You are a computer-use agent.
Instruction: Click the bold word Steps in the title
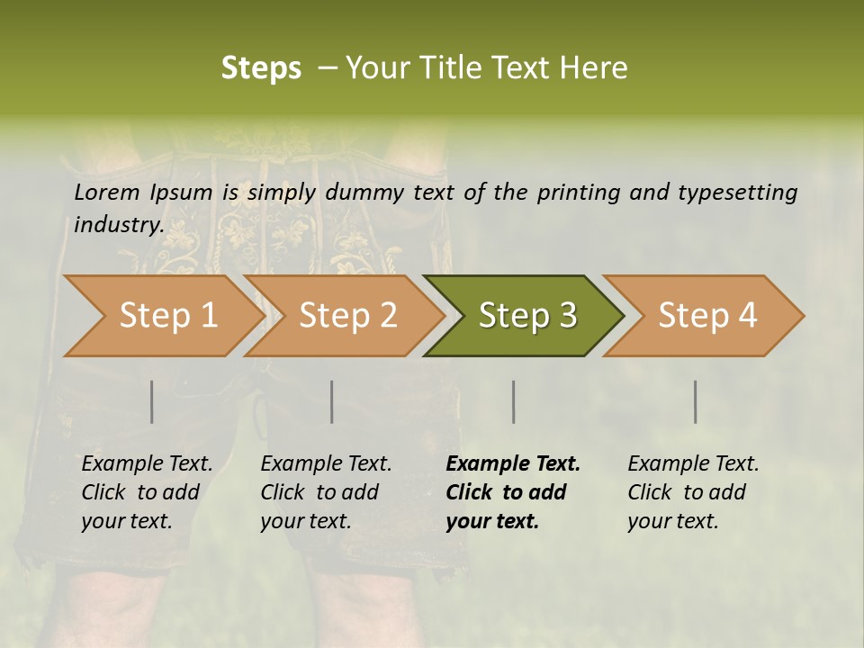261,68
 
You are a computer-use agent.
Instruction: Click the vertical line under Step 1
152,401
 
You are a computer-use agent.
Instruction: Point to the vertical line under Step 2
332,401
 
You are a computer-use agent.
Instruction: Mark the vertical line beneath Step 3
514,401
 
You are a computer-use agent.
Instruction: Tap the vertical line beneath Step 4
696,401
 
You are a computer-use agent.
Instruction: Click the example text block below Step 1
147,492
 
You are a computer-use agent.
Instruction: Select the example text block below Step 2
326,492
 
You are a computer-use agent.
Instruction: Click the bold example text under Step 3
513,492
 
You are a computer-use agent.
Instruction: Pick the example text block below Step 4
693,492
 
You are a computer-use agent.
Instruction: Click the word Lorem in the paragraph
106,193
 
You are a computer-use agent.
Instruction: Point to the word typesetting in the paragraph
746,193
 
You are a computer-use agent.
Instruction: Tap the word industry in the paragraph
118,225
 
